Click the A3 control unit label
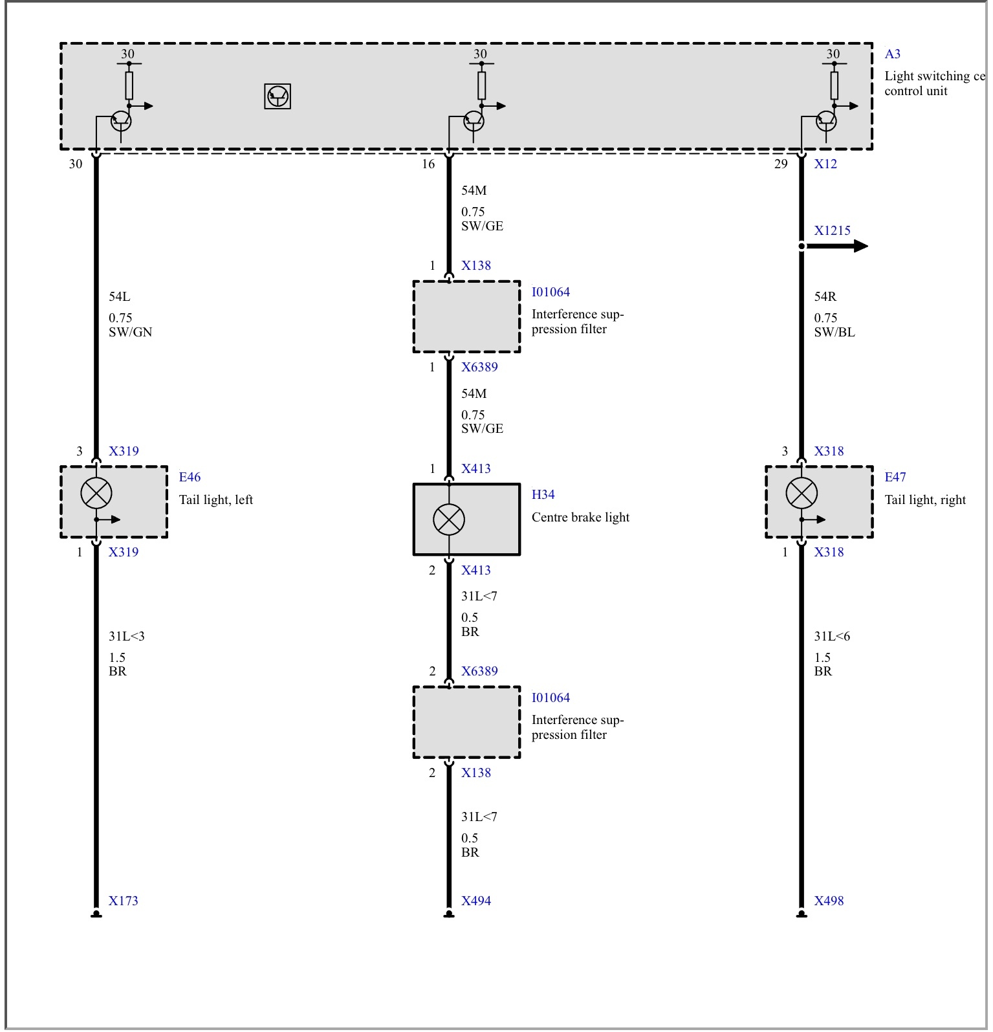pyautogui.click(x=893, y=54)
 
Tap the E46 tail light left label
pyautogui.click(x=190, y=478)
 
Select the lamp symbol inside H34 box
pyautogui.click(x=449, y=520)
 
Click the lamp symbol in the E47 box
pyautogui.click(x=802, y=494)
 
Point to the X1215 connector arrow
pyautogui.click(x=835, y=246)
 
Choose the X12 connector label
pyautogui.click(x=825, y=164)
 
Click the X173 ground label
pyautogui.click(x=123, y=901)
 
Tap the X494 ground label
pyautogui.click(x=476, y=901)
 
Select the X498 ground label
pyautogui.click(x=829, y=901)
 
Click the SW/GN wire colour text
pyautogui.click(x=131, y=333)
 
